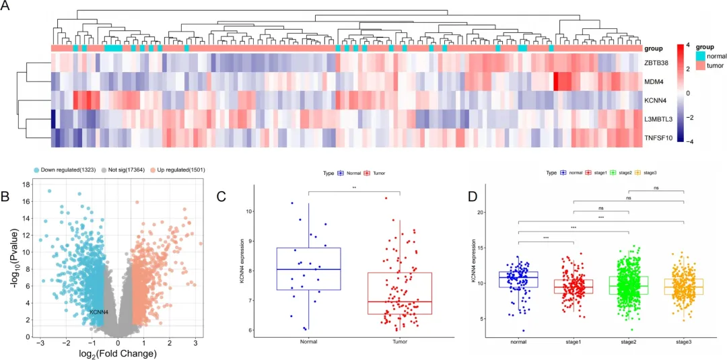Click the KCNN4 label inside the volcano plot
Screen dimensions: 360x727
(99, 312)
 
